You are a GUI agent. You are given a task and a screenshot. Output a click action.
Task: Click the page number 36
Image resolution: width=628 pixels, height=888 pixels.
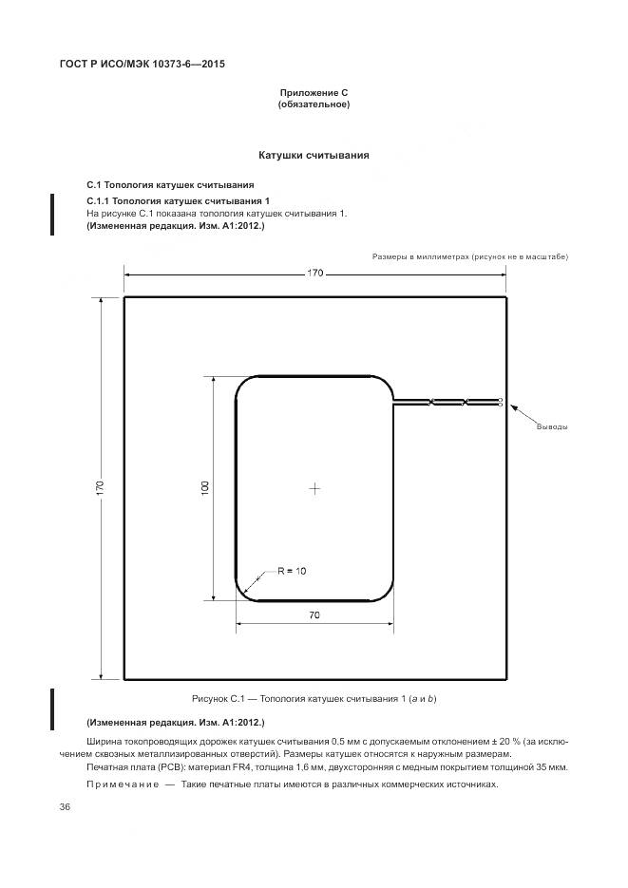point(66,806)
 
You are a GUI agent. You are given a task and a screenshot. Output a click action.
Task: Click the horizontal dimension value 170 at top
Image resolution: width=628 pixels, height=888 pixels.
point(315,273)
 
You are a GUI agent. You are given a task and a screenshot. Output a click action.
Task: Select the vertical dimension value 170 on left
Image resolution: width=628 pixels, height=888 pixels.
point(100,487)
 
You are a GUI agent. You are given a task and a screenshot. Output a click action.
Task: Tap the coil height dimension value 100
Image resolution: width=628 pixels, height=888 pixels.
point(205,487)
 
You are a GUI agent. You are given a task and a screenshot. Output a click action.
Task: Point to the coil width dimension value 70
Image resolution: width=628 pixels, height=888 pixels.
point(314,615)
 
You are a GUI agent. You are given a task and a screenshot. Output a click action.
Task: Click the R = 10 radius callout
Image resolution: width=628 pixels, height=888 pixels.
point(292,571)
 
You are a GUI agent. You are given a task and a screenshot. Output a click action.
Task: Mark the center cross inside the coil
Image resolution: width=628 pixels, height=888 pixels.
point(315,488)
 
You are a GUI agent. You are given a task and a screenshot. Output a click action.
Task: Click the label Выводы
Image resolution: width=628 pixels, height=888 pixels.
point(552,427)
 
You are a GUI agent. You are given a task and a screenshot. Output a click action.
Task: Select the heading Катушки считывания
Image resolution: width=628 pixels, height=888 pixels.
point(314,154)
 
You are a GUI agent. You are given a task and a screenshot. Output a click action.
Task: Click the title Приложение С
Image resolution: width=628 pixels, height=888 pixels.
point(314,92)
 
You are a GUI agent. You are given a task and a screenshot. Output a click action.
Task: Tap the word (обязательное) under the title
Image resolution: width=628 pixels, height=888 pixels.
point(314,104)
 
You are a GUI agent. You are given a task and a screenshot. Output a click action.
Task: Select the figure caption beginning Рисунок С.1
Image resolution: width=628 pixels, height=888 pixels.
point(314,699)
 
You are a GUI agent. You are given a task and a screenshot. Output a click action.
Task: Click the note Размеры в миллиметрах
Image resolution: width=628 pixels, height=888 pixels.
point(424,256)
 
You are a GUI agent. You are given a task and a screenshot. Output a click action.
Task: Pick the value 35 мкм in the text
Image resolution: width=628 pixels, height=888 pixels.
point(550,767)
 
